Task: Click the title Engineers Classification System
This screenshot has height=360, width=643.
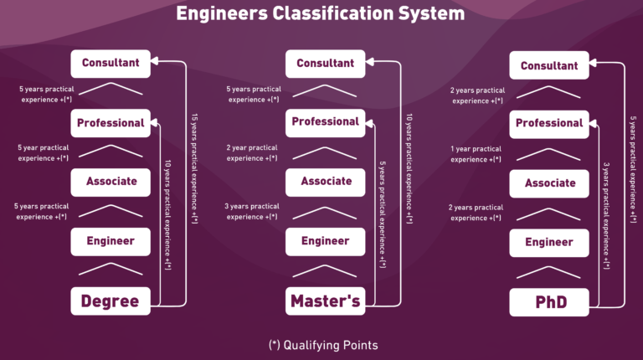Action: [321, 14]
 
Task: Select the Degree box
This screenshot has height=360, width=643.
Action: [110, 301]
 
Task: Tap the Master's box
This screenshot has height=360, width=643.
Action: [325, 301]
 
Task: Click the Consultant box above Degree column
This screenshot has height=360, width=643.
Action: [110, 62]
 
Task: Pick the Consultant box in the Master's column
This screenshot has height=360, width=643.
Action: [325, 63]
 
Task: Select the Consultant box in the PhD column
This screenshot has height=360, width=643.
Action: [549, 65]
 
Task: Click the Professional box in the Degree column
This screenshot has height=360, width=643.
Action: [110, 123]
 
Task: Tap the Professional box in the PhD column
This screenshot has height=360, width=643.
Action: [549, 123]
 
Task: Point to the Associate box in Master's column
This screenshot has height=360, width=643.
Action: [325, 182]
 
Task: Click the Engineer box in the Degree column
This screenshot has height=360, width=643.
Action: [110, 242]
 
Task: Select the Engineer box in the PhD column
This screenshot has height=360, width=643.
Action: [549, 242]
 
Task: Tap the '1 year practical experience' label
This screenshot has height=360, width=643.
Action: [476, 154]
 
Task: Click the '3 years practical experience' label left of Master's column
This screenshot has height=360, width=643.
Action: [253, 211]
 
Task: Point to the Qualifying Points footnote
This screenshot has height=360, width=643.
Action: [322, 345]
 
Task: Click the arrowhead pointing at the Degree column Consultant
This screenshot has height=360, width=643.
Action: [157, 61]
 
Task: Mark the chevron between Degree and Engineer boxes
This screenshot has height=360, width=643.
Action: [110, 270]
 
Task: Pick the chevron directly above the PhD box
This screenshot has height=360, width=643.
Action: [549, 271]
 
